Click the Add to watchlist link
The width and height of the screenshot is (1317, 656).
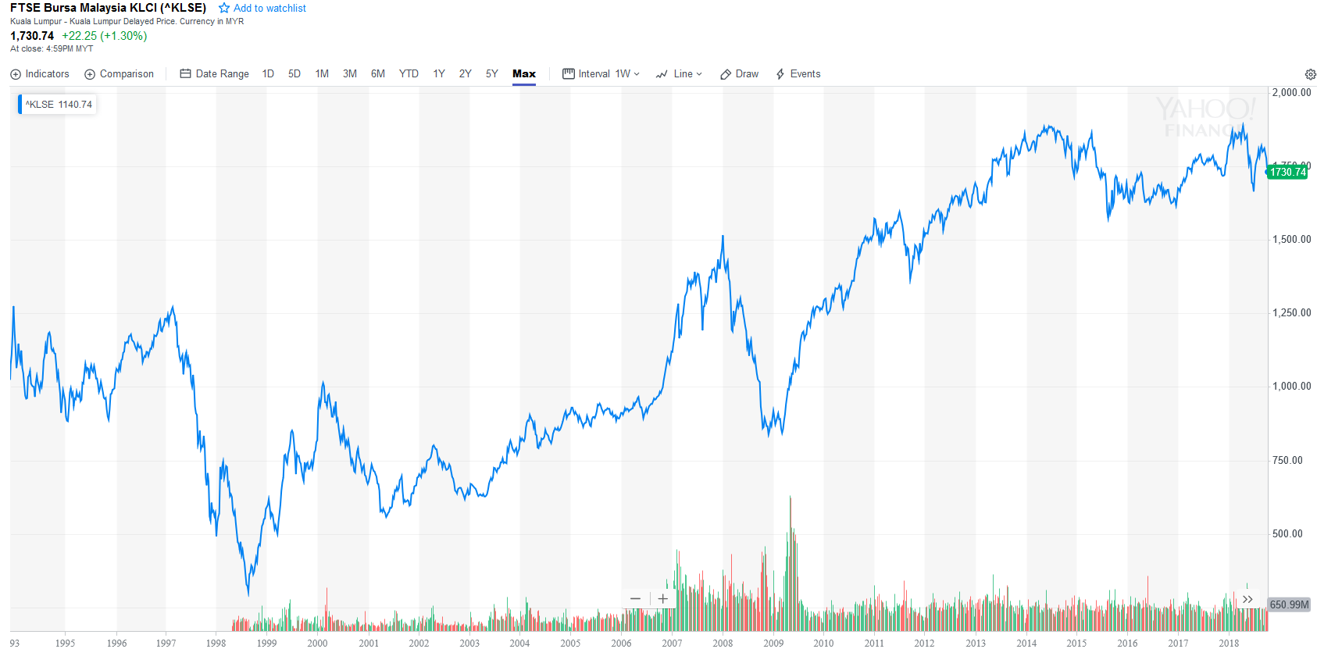click(x=262, y=9)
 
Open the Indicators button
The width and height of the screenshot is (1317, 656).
click(x=40, y=74)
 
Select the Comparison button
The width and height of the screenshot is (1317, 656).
click(x=120, y=74)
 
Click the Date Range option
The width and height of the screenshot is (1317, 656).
click(x=215, y=74)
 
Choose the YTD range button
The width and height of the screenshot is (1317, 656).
click(x=409, y=74)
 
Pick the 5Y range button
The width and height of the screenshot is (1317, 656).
click(x=491, y=74)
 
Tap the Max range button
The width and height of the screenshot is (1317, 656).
click(x=524, y=74)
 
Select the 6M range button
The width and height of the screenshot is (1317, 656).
click(x=378, y=74)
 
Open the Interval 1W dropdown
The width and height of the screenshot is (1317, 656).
click(x=601, y=74)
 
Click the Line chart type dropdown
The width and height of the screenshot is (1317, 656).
click(x=680, y=74)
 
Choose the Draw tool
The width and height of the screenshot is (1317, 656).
click(x=740, y=74)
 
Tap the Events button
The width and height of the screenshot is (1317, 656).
click(x=798, y=74)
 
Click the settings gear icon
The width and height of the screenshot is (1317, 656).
click(x=1310, y=75)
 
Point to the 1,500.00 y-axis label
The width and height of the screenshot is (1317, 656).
click(x=1291, y=240)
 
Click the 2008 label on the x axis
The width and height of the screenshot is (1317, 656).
click(x=723, y=644)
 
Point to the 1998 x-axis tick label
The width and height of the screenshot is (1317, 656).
click(x=216, y=644)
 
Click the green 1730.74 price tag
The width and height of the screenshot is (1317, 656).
click(x=1287, y=173)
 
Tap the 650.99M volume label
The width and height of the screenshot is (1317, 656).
click(x=1289, y=604)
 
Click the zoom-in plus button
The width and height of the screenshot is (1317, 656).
click(x=662, y=599)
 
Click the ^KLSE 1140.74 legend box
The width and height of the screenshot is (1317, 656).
click(x=58, y=105)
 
